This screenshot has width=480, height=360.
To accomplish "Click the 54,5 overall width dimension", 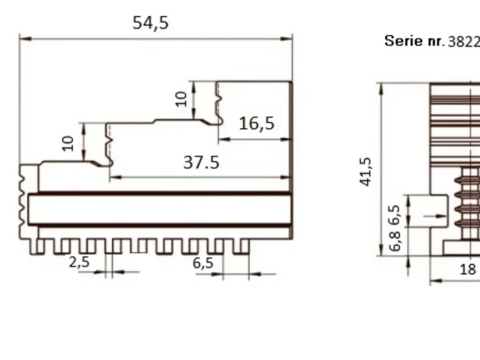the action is point(151,23).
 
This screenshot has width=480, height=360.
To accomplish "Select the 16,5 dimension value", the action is point(256,124).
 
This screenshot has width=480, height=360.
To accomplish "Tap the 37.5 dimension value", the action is point(201,163).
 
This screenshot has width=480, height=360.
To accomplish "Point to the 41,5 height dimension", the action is point(365,172).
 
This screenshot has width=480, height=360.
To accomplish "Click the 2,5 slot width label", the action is point(79,262).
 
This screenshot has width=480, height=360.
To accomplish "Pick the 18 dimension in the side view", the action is point(468,269).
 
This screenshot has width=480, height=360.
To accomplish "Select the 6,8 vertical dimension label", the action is point(395,241).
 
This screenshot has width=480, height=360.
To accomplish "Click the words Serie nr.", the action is point(415,41).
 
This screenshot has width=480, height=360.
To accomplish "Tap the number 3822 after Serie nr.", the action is point(464,42).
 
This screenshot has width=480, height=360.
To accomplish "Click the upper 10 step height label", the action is point(181,99).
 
